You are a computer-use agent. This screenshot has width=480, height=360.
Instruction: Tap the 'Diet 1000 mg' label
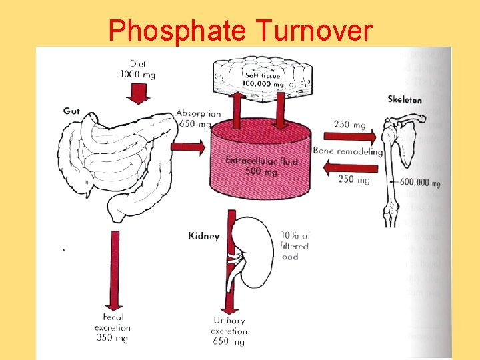tap(137, 69)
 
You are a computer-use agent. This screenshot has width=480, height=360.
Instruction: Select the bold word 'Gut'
tap(71, 111)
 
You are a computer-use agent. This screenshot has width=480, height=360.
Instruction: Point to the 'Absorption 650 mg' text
tap(197, 119)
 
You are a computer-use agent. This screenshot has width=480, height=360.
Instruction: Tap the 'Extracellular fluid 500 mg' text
tap(261, 165)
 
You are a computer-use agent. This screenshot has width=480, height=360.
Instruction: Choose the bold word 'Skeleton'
tap(405, 99)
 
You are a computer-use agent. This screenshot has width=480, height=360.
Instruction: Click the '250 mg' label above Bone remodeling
tap(351, 125)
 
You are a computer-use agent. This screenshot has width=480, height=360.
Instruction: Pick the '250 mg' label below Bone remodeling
tap(353, 179)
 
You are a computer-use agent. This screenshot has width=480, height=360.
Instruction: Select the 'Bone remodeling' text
tap(347, 151)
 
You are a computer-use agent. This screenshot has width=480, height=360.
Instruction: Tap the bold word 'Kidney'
tap(203, 235)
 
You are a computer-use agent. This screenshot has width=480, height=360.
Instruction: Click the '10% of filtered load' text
tap(295, 245)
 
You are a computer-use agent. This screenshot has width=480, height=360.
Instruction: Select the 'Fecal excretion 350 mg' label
tap(113, 327)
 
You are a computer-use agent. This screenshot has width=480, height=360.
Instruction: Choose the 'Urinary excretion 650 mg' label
tap(229, 331)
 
